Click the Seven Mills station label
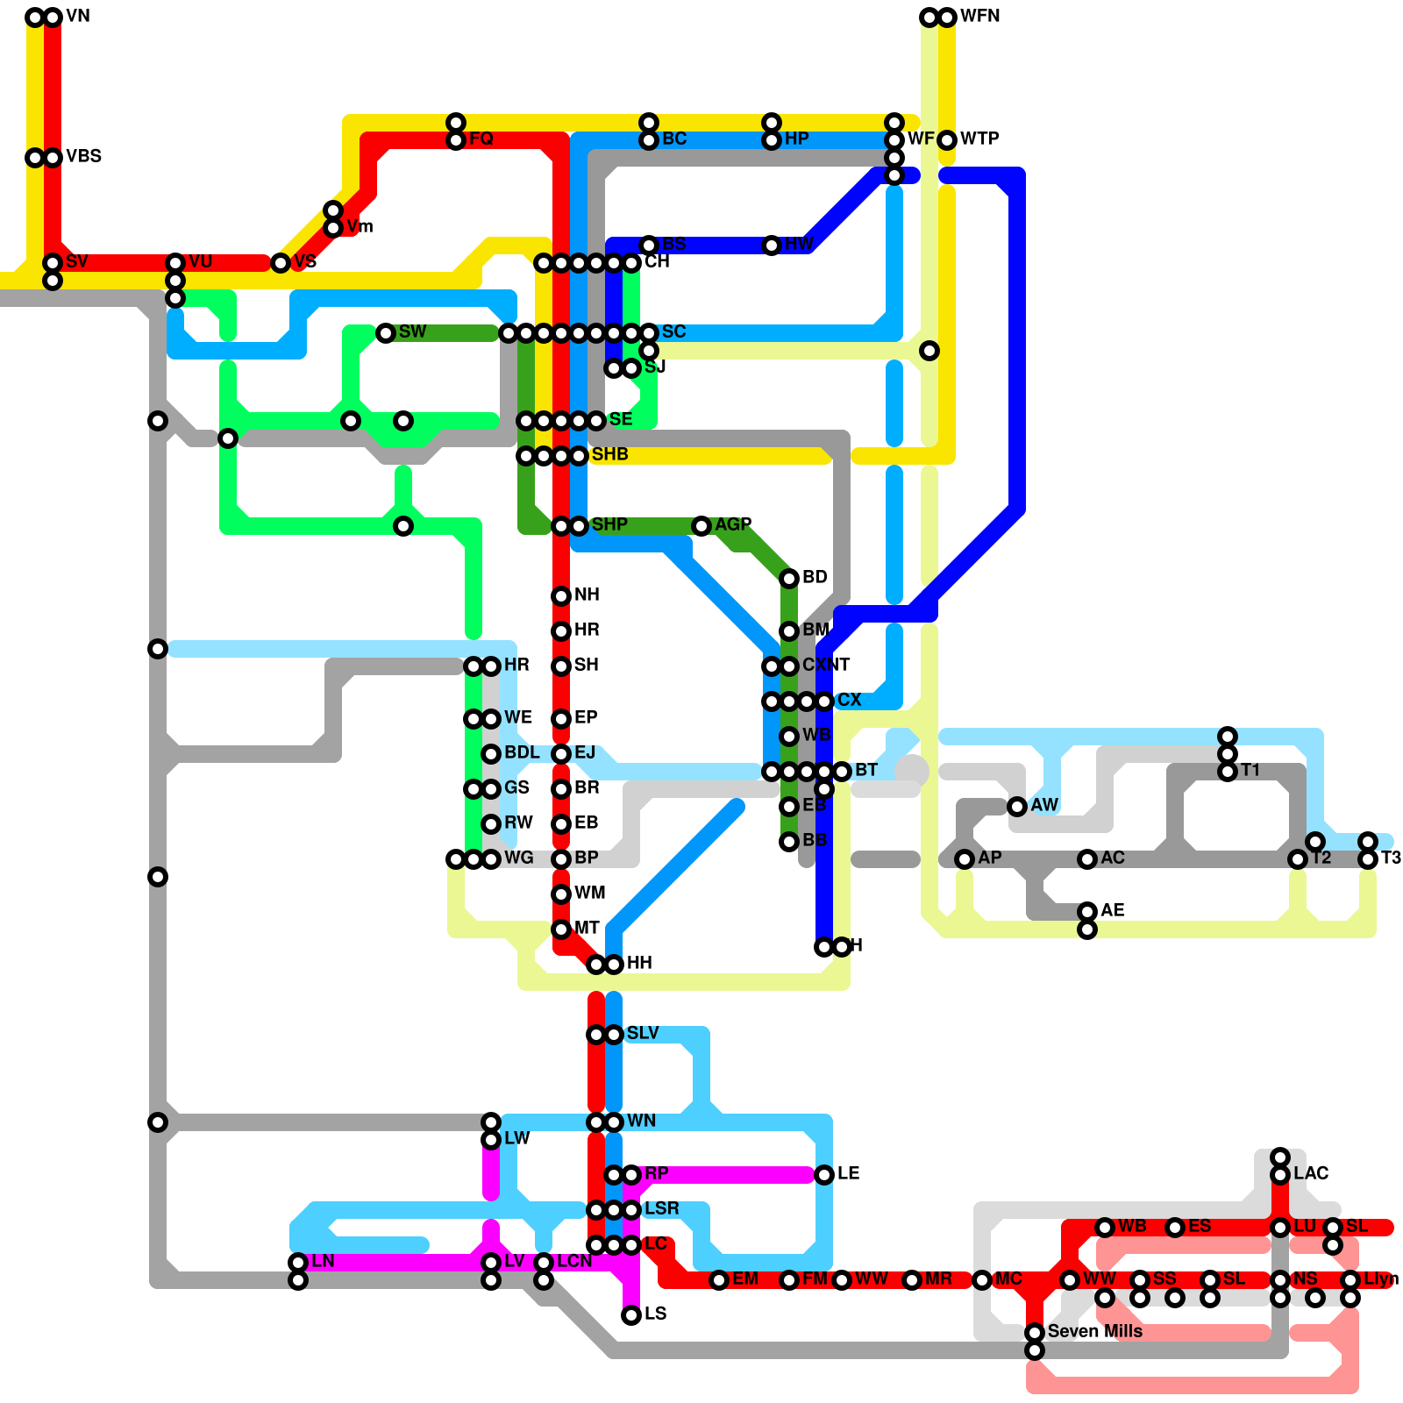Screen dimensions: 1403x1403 click(1094, 1331)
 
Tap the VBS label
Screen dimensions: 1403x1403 click(83, 156)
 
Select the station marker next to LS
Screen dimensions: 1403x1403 click(631, 1315)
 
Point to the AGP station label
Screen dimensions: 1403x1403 click(733, 524)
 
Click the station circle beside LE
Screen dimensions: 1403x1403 click(824, 1175)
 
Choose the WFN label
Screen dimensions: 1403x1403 click(979, 16)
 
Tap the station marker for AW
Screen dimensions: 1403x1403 click(1017, 807)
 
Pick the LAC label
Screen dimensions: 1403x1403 click(1311, 1173)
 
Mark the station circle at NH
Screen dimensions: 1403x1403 click(561, 596)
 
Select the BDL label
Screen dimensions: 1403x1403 click(522, 752)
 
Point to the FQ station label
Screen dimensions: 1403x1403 click(481, 139)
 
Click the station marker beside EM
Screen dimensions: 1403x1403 click(719, 1280)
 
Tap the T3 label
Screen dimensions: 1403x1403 click(1391, 858)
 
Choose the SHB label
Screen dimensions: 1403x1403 click(609, 454)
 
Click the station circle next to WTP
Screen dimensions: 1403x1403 click(947, 140)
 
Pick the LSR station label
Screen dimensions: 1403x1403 click(661, 1208)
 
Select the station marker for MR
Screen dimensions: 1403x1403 click(912, 1280)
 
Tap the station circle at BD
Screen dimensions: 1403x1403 click(789, 579)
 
